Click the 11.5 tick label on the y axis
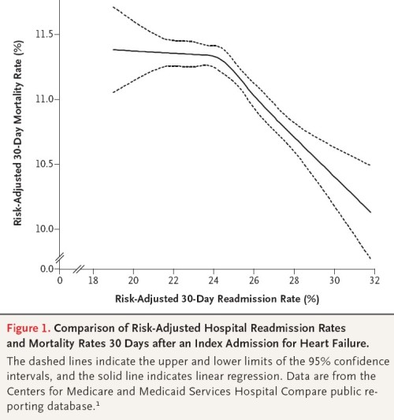point(44,35)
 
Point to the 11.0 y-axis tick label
point(44,99)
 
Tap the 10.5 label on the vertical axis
point(44,164)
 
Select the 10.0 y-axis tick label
point(44,229)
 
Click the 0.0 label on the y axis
point(47,269)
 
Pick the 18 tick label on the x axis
point(93,281)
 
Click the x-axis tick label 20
point(133,281)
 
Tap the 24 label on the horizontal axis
point(214,281)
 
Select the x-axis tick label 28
point(294,281)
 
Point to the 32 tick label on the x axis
point(375,281)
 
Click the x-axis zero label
point(60,281)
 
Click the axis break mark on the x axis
point(79,269)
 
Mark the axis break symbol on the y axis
point(60,258)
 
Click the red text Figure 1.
point(28,328)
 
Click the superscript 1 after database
point(98,403)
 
